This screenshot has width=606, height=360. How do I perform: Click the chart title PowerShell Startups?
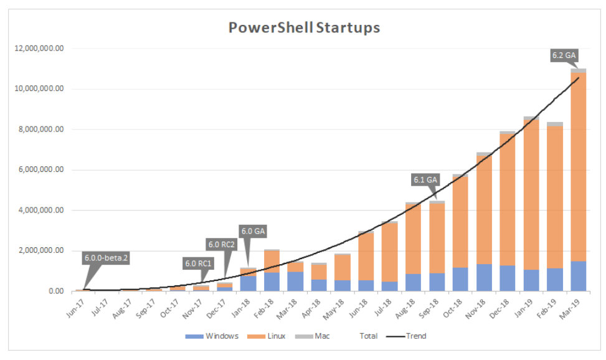click(x=303, y=27)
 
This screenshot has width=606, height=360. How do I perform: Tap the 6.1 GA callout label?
click(x=426, y=179)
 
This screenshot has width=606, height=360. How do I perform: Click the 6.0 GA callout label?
click(x=253, y=231)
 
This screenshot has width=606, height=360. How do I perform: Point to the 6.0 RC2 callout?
click(x=221, y=244)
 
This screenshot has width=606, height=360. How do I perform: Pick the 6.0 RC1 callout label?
click(x=199, y=263)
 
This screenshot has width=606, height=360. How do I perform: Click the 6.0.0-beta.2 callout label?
click(x=106, y=257)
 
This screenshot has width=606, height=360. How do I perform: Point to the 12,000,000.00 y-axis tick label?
click(x=39, y=49)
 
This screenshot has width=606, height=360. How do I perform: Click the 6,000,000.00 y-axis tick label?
click(x=41, y=170)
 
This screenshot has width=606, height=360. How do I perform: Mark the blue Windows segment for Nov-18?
click(x=484, y=277)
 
